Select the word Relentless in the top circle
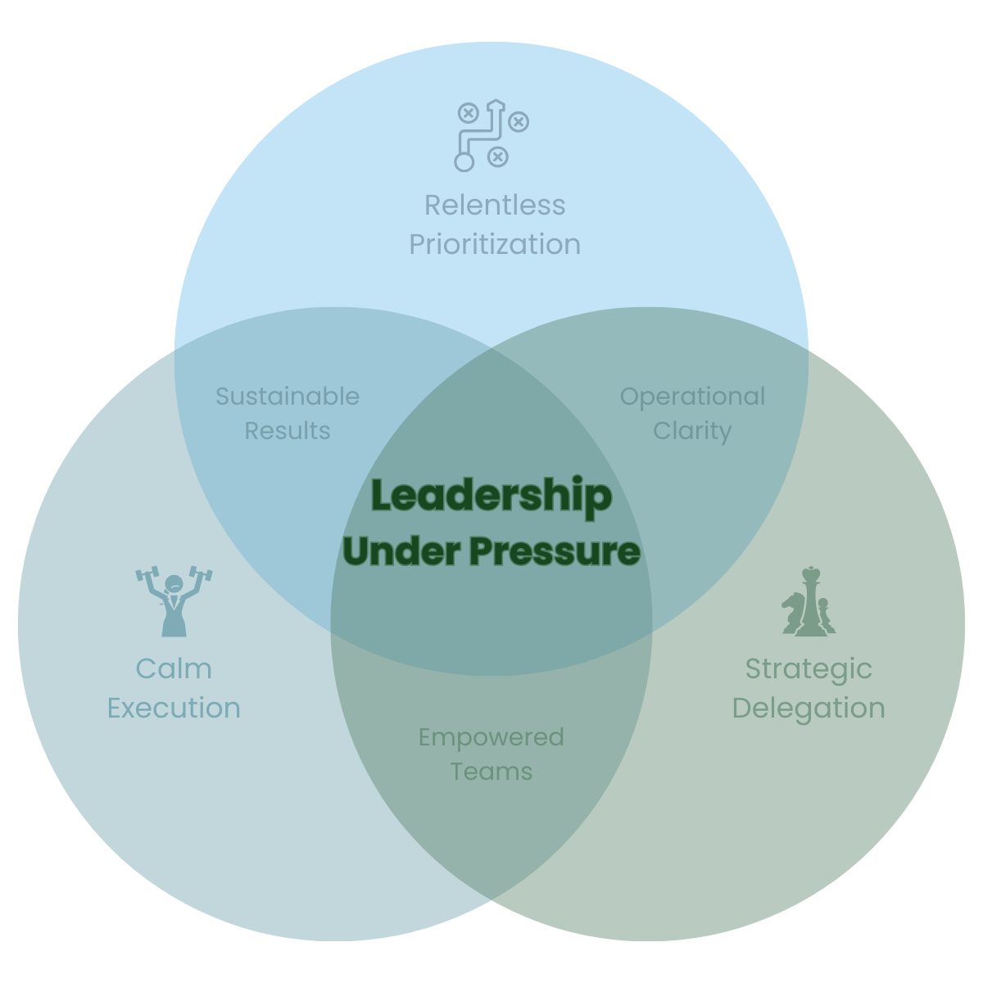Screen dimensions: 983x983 click(x=495, y=205)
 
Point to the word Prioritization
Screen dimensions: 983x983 click(x=495, y=244)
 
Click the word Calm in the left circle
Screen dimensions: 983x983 click(x=174, y=668)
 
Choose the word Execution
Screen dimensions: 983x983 click(x=174, y=708)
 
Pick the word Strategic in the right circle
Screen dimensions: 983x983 click(x=809, y=668)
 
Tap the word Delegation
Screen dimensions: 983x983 click(x=809, y=708)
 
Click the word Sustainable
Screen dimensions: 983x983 click(x=288, y=396)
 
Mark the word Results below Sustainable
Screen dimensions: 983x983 click(x=288, y=431)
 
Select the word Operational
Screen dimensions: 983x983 click(x=692, y=396)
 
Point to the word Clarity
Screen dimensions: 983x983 click(x=692, y=431)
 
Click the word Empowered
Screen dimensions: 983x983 click(x=491, y=737)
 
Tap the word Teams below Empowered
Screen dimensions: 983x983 click(x=491, y=772)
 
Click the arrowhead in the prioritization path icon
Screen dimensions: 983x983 click(x=495, y=105)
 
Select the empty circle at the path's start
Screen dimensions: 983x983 click(x=464, y=162)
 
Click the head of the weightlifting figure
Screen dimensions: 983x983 click(x=174, y=584)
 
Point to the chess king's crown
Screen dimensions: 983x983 click(x=811, y=573)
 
